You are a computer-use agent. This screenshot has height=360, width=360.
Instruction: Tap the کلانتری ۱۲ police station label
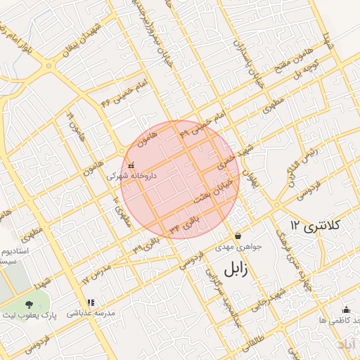click(314, 226)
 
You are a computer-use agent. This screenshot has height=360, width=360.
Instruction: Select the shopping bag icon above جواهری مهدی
click(239, 236)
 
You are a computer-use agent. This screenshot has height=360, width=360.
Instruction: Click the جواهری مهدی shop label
click(239, 247)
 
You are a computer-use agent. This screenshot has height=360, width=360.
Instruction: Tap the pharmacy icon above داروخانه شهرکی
click(131, 165)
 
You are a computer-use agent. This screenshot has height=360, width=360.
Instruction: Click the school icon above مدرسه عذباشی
click(90, 303)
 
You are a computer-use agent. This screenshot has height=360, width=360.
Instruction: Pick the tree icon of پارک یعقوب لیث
click(28, 304)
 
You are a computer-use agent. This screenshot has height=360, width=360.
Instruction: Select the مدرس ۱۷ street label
click(96, 275)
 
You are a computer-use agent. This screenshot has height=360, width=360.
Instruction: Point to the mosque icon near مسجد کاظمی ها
click(345, 309)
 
